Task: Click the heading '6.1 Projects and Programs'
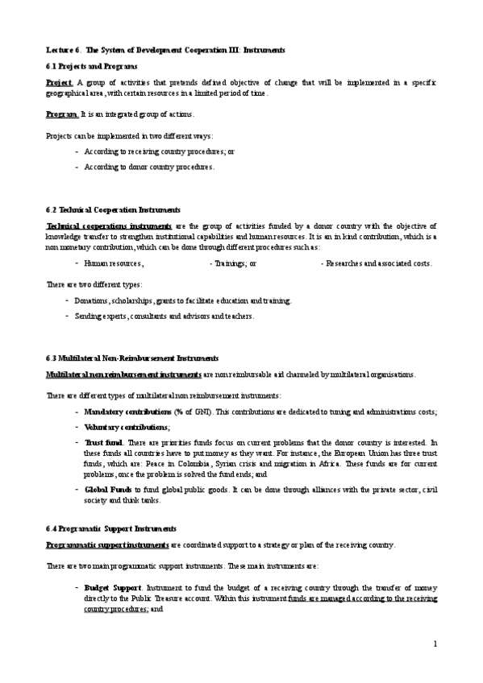91,65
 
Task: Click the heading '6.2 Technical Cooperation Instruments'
113,209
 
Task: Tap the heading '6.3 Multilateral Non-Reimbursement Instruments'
132,358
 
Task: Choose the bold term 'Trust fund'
103,443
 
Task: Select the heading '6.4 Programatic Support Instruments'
110,528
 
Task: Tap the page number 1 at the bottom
435,644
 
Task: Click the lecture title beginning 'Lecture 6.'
164,50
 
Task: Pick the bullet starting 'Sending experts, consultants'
164,316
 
